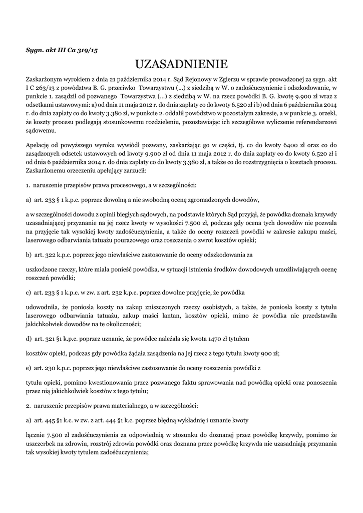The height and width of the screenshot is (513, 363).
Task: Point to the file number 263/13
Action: [43, 88]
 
